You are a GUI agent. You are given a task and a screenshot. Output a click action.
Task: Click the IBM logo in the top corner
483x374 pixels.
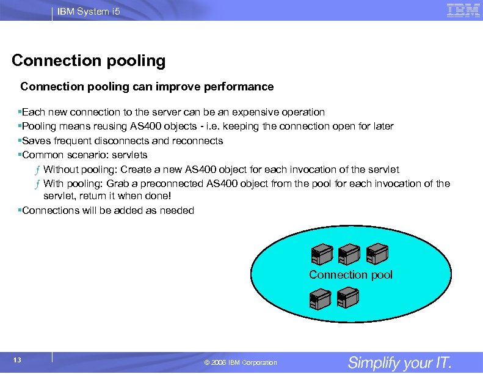point(463,10)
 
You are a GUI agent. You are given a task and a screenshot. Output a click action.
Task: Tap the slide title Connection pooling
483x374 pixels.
point(89,61)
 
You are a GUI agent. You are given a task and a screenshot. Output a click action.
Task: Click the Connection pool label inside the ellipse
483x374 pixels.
point(350,275)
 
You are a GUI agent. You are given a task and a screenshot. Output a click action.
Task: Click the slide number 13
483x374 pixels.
point(17,360)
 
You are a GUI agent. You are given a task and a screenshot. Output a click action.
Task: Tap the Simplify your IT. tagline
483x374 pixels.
point(399,362)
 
